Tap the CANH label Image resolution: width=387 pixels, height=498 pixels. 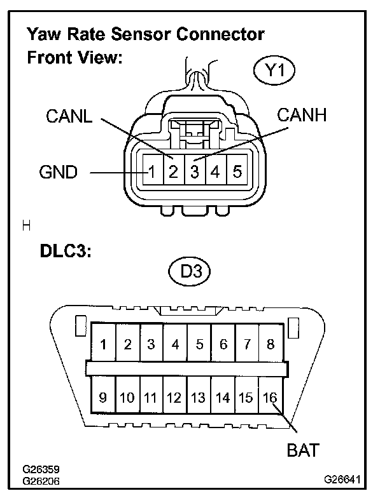302,115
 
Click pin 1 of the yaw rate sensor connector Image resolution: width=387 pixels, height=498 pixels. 152,172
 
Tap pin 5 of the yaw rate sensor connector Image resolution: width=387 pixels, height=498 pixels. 237,172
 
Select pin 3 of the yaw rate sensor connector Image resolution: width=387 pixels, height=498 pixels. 195,172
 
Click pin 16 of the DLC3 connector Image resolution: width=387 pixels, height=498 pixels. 271,398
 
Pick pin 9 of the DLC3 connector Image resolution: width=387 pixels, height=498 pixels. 103,398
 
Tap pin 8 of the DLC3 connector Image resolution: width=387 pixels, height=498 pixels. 271,344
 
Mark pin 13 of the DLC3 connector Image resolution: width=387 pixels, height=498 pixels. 199,398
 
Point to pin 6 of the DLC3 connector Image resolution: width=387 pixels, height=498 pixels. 223,344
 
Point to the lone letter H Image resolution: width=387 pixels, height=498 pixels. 26,225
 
